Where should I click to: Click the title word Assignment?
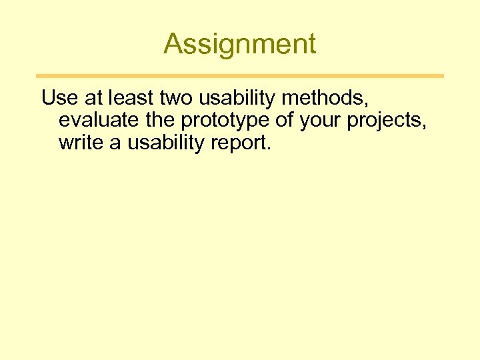pyautogui.click(x=239, y=44)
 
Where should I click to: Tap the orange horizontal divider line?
pyautogui.click(x=239, y=76)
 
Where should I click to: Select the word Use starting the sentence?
pyautogui.click(x=55, y=98)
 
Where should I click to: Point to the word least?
pyautogui.click(x=127, y=98)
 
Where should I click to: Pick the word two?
pyautogui.click(x=175, y=98)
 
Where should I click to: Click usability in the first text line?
pyautogui.click(x=238, y=99)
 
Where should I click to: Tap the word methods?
pyautogui.click(x=321, y=98)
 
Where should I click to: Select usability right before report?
pyautogui.click(x=161, y=143)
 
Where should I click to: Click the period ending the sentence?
pyautogui.click(x=269, y=148)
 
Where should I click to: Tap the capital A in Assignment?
pyautogui.click(x=173, y=44)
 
